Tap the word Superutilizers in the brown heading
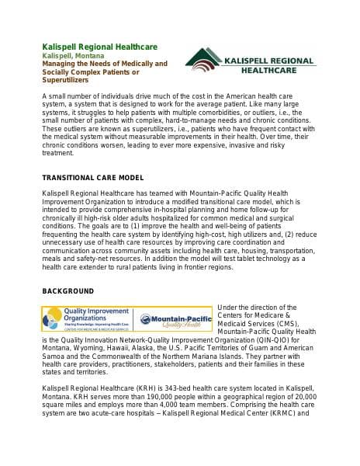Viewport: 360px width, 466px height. [x=66, y=80]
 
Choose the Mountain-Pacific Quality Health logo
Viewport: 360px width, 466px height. [x=175, y=319]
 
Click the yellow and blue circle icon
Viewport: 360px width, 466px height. [x=53, y=318]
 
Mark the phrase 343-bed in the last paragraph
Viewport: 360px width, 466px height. [x=172, y=388]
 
